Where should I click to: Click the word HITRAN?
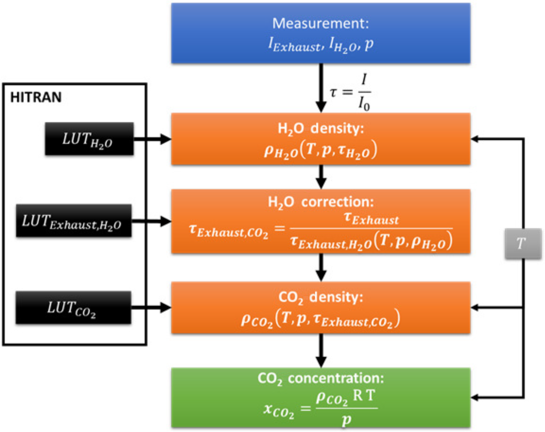pyautogui.click(x=36, y=97)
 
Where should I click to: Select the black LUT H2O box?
pyautogui.click(x=89, y=139)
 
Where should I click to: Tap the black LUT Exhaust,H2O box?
pyautogui.click(x=74, y=221)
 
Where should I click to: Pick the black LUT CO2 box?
pyautogui.click(x=73, y=307)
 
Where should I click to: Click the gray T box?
pyautogui.click(x=523, y=244)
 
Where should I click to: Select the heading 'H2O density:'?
pyautogui.click(x=321, y=128)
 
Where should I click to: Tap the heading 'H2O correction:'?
pyautogui.click(x=321, y=202)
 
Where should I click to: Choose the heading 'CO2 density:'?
pyautogui.click(x=321, y=297)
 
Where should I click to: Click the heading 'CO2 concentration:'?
pyautogui.click(x=321, y=378)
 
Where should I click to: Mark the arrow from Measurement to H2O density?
pyautogui.click(x=321, y=88)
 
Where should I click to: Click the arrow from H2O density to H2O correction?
pyautogui.click(x=321, y=177)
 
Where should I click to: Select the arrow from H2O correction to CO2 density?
pyautogui.click(x=321, y=267)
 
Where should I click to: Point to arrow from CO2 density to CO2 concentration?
pyautogui.click(x=321, y=351)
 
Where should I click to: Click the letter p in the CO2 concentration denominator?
pyautogui.click(x=346, y=420)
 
